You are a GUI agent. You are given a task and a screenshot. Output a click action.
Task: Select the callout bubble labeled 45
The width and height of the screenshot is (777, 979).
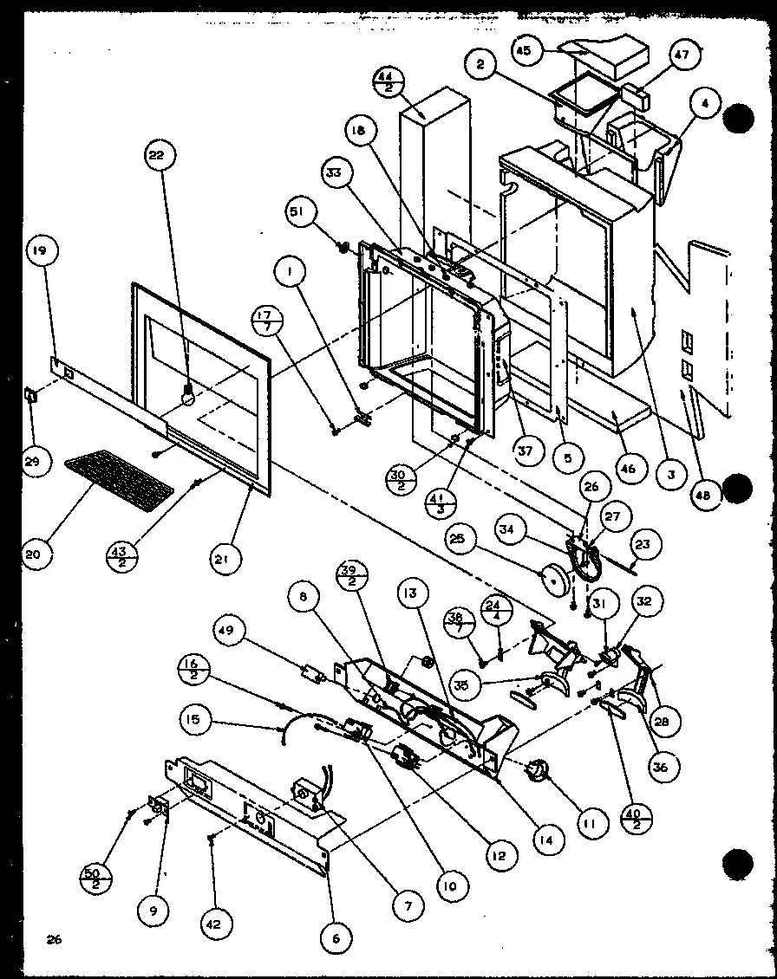pos(547,51)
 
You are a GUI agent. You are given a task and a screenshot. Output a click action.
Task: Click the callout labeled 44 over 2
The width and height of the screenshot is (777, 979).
pos(387,85)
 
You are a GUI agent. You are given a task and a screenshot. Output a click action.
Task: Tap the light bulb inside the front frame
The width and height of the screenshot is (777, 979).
pos(186,395)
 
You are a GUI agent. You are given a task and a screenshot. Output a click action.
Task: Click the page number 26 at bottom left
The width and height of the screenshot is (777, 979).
pos(54,939)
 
